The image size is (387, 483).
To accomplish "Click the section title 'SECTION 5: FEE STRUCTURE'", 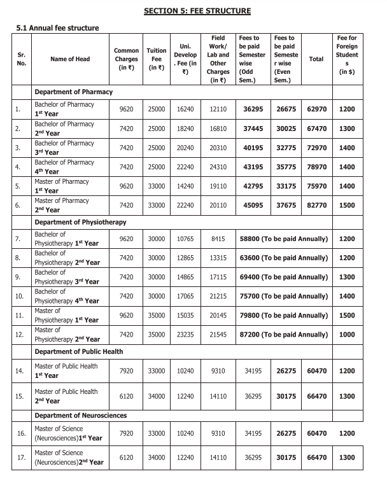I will click(197, 11).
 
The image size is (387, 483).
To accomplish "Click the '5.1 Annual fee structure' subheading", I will click(57, 28).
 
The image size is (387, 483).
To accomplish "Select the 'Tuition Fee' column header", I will click(156, 59).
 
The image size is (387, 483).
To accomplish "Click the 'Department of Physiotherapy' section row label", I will click(80, 222).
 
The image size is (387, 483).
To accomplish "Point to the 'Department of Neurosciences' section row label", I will click(81, 415).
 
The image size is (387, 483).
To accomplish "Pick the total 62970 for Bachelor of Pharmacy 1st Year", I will click(316, 109).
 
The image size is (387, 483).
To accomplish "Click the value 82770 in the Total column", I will click(316, 206).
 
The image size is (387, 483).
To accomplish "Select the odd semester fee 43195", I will click(253, 167).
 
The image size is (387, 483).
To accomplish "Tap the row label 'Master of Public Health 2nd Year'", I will click(66, 396).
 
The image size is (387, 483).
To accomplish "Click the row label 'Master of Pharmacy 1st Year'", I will click(64, 186).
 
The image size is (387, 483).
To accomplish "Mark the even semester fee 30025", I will click(285, 129).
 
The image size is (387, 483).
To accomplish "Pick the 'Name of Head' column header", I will click(70, 59).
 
